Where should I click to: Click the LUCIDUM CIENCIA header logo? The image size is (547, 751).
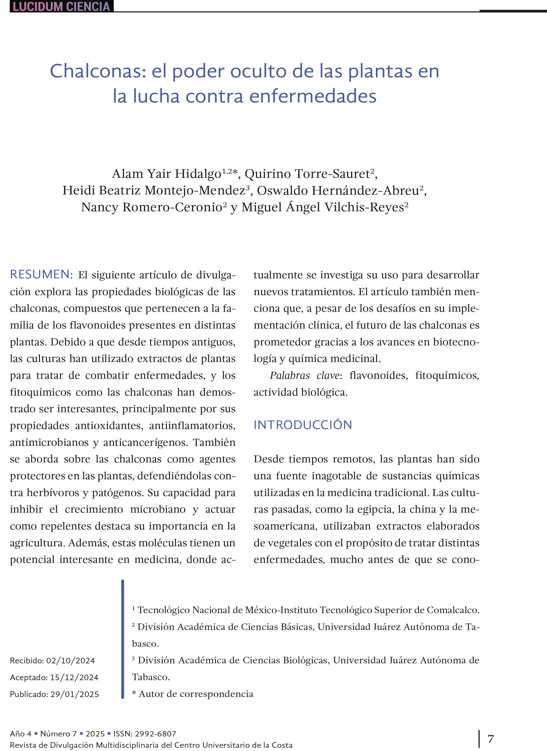tap(61, 7)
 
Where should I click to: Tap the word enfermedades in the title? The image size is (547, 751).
tap(313, 96)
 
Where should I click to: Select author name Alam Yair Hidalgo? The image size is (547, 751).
tap(166, 174)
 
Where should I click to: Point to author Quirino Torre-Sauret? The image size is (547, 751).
tap(307, 174)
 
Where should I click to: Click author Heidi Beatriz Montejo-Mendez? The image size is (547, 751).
tap(154, 190)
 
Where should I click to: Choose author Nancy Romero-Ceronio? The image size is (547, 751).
tap(152, 207)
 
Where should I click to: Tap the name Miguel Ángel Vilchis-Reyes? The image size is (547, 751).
tap(323, 207)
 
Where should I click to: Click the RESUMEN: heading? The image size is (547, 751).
tap(41, 275)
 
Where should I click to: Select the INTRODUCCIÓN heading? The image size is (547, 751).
tap(303, 425)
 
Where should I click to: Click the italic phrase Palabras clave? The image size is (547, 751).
tap(304, 375)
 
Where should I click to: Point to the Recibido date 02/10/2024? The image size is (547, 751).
tap(70, 661)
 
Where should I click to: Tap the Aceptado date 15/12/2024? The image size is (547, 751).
tap(74, 677)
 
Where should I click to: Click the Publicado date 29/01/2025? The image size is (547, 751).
tap(75, 694)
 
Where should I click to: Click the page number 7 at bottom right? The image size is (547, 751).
tap(491, 739)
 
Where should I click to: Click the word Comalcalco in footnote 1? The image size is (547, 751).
tap(452, 610)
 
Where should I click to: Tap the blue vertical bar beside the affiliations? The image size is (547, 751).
tap(123, 639)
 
